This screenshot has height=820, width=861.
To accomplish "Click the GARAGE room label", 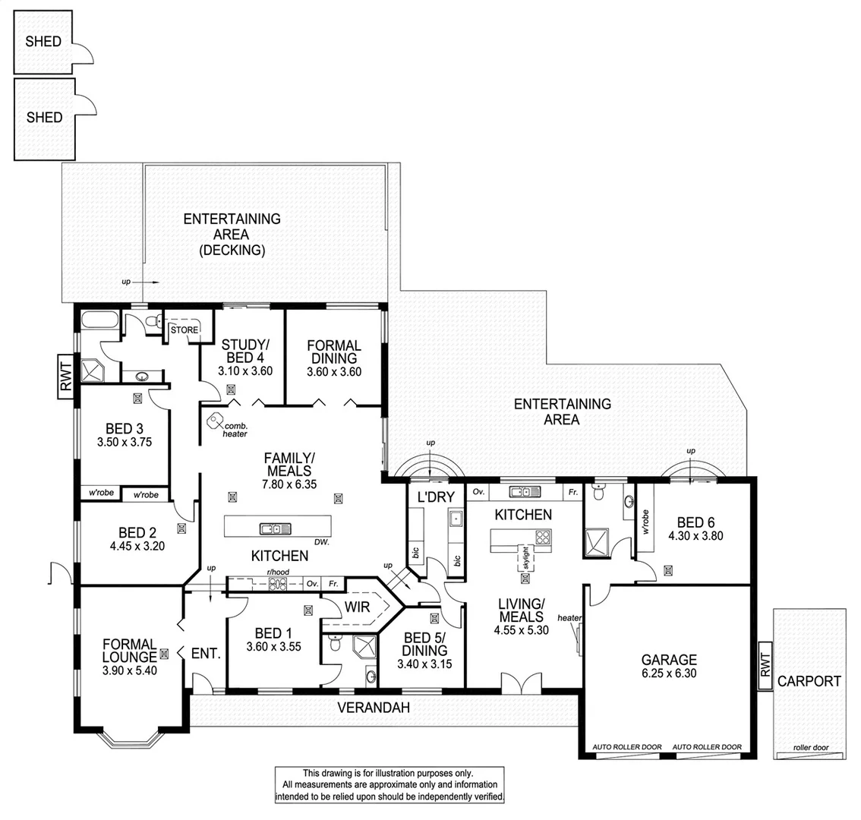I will tap(668, 660).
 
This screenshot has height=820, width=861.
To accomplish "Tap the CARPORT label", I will tap(809, 681).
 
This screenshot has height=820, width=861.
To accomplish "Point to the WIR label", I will tap(357, 607).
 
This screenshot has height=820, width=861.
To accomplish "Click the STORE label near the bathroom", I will tap(184, 330).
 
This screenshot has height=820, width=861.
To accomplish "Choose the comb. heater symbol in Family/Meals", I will tap(216, 418).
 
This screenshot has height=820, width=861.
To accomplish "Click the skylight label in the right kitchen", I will tap(524, 559).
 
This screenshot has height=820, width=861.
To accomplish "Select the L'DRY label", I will tap(436, 497).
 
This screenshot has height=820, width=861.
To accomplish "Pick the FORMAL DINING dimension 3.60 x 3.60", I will tap(333, 372).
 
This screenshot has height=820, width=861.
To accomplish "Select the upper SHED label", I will tap(43, 42).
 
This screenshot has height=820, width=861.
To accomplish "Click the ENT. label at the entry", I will tap(206, 653).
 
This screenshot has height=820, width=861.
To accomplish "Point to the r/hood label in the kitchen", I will tap(275, 575).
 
